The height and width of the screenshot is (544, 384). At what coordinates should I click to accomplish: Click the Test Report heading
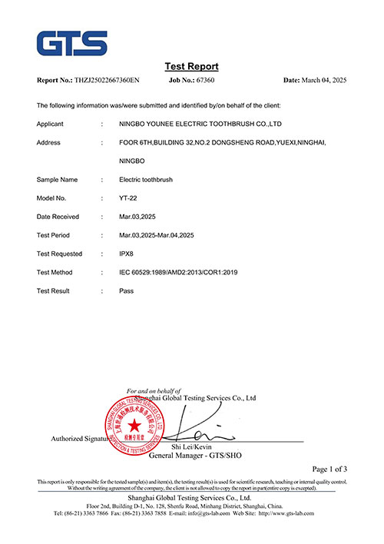pyautogui.click(x=192, y=67)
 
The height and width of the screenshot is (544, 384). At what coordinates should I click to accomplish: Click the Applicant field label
pyautogui.click(x=53, y=124)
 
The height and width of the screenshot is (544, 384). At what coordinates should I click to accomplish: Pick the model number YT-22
pyautogui.click(x=129, y=197)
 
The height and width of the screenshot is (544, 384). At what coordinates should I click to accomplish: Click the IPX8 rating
pyautogui.click(x=128, y=253)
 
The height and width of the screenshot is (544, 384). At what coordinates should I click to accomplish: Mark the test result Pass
pyautogui.click(x=127, y=290)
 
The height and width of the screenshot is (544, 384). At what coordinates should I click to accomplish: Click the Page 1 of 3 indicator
pyautogui.click(x=329, y=469)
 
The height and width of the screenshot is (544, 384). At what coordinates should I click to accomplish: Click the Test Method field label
pyautogui.click(x=55, y=272)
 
